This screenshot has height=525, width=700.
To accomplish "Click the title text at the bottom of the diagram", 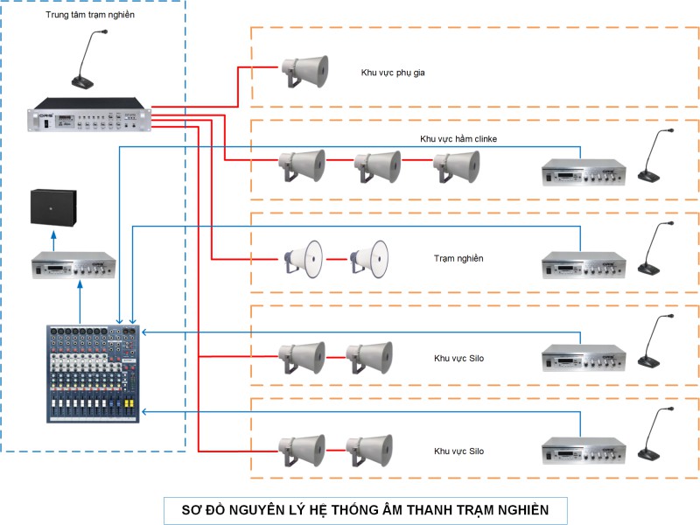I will tap(365, 510).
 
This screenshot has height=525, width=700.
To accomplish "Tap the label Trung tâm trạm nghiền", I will tap(90, 16).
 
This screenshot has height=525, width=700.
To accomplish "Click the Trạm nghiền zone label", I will tap(458, 258).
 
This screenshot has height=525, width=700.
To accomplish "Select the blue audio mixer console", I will tap(94, 374).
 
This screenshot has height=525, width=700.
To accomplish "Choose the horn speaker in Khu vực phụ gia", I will tap(304, 72).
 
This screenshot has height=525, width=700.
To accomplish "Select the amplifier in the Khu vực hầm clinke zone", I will tap(583, 171).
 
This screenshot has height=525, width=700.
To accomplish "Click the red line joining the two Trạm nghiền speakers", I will tap(337, 259).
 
